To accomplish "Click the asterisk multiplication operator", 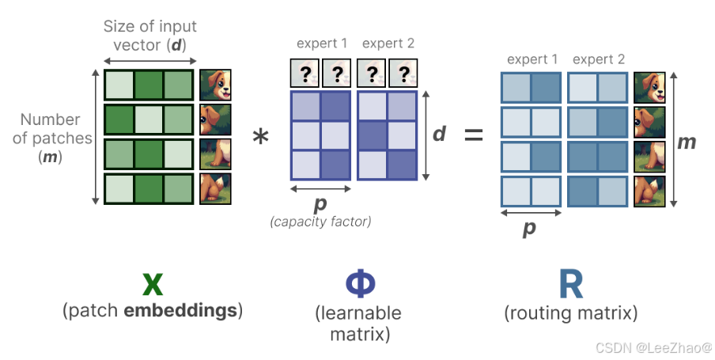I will tap(260, 138).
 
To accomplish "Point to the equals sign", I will tap(473, 135).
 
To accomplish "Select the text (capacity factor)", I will tap(320, 222).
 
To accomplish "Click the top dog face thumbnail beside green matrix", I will tap(215, 84).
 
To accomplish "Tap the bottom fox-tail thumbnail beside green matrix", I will tap(215, 190).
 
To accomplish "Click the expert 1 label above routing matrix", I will tap(532, 59).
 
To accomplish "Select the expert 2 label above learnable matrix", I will tap(388, 44).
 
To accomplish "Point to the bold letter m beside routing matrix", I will tap(687, 142).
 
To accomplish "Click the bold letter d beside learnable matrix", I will tap(440, 134).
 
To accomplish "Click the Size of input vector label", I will tap(149, 35).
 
